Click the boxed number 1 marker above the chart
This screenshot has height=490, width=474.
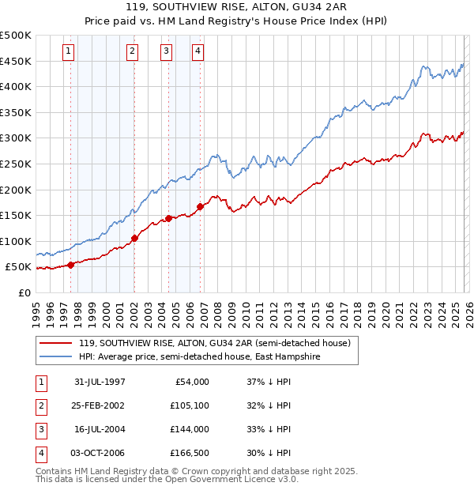(x=69, y=52)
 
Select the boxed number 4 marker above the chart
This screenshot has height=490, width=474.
(x=197, y=52)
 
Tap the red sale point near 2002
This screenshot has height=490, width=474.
(x=134, y=238)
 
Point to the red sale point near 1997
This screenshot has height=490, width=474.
(x=71, y=265)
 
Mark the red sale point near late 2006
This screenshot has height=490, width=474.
(x=200, y=206)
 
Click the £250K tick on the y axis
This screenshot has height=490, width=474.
(x=16, y=164)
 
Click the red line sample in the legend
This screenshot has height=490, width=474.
(x=55, y=343)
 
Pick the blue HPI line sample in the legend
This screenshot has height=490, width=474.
(x=55, y=356)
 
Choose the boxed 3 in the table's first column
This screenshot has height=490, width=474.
(x=40, y=429)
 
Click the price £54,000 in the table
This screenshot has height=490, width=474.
(x=190, y=382)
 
